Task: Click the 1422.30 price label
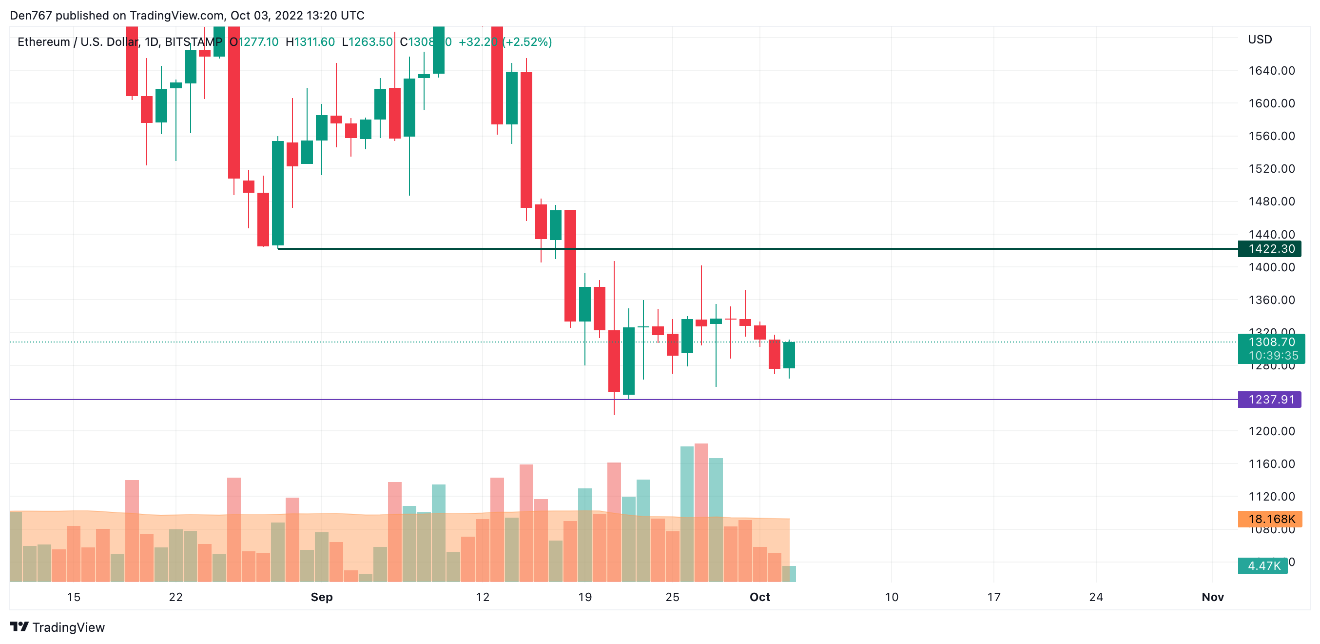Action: tap(1271, 249)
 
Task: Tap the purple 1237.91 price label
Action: tap(1270, 400)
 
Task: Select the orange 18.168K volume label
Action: tap(1270, 519)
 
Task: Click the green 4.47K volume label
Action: tap(1263, 565)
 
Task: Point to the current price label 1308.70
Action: tap(1271, 342)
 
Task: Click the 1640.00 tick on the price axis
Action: tap(1271, 71)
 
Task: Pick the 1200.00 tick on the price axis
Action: tap(1271, 431)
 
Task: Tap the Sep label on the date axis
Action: tap(322, 597)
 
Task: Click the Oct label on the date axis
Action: tap(759, 597)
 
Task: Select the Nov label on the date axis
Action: tap(1212, 597)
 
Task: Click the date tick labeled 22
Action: tap(176, 597)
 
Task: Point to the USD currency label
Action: tap(1260, 40)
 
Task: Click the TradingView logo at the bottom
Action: tap(58, 627)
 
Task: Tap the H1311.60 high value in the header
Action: tap(310, 42)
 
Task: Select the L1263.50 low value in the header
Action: tap(367, 42)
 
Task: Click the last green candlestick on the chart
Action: tap(789, 355)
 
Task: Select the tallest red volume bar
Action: tap(701, 513)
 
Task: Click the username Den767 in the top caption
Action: tap(31, 16)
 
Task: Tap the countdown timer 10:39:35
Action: tap(1273, 355)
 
